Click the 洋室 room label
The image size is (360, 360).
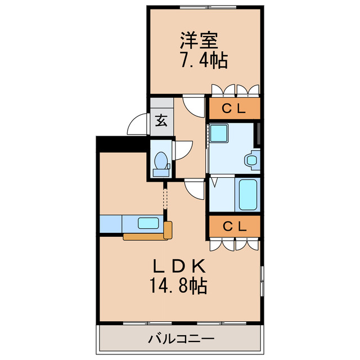(x=197, y=40)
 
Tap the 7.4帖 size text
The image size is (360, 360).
(x=203, y=60)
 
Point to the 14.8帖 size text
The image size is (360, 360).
(x=178, y=287)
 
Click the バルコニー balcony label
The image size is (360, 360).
(x=181, y=339)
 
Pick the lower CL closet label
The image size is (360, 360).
(x=233, y=227)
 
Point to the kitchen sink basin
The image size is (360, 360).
(x=148, y=223)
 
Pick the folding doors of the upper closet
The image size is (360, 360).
(x=236, y=90)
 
